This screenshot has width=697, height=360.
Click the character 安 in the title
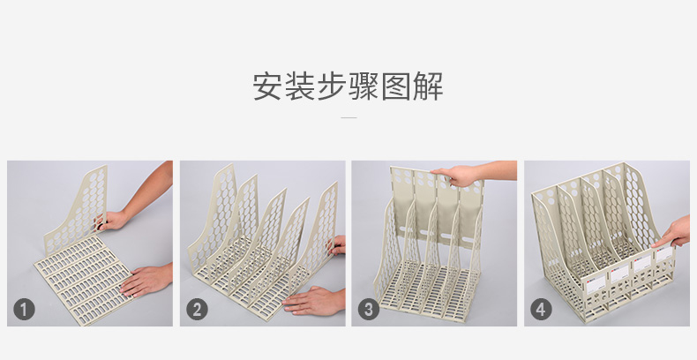click(x=268, y=86)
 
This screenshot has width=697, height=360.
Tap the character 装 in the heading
click(x=300, y=86)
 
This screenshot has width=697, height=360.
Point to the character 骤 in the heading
click(x=363, y=86)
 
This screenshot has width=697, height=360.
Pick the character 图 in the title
click(x=395, y=86)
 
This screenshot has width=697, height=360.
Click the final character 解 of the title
click(x=428, y=86)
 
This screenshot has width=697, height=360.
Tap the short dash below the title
click(x=348, y=117)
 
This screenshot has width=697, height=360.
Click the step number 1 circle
click(x=24, y=310)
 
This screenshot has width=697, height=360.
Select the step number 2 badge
click(x=197, y=310)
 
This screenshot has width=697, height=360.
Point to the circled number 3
click(x=369, y=310)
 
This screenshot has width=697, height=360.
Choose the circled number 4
click(x=541, y=310)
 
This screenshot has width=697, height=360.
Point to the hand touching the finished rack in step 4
click(x=673, y=233)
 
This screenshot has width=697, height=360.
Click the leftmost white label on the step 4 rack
click(x=596, y=284)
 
